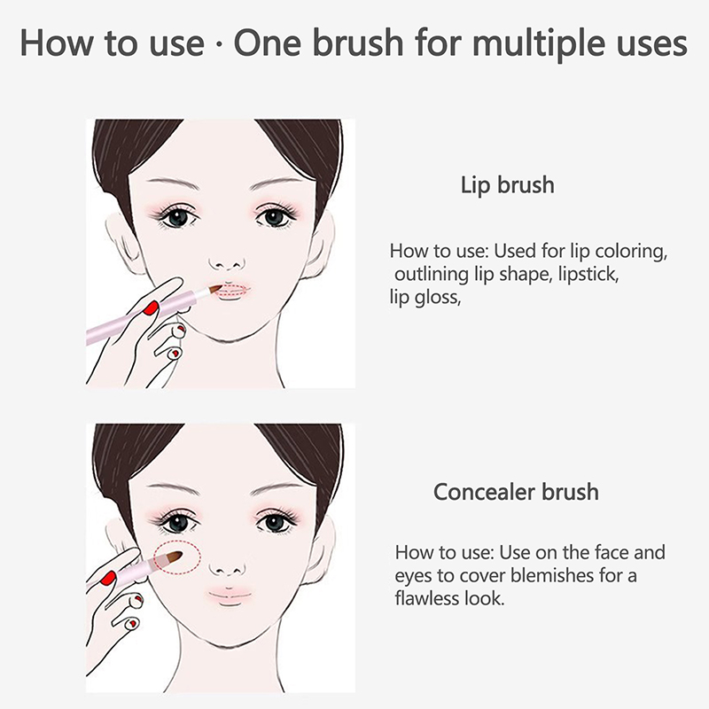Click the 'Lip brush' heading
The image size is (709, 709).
coord(507,185)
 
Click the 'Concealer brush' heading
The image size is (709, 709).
coord(516,492)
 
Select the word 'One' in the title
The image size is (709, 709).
coord(268,43)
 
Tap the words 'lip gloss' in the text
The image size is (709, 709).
coord(425,299)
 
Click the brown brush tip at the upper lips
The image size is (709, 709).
coord(214,289)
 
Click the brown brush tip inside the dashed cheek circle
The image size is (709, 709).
coord(172,557)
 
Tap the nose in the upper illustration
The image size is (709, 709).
coord(228,263)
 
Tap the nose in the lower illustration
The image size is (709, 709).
coord(228,569)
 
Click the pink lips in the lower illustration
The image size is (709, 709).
coord(230,596)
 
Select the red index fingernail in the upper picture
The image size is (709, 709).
coord(151,308)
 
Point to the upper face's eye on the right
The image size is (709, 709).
coord(274,217)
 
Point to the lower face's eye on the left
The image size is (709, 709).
coord(178,523)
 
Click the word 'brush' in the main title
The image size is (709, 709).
coord(357,43)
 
